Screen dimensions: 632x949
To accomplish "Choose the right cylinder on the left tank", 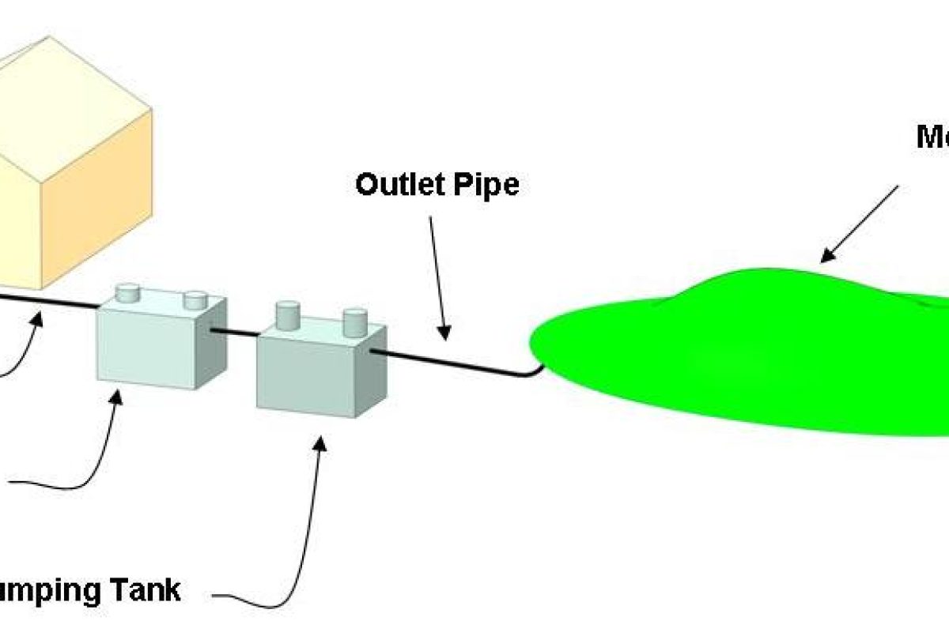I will click(x=195, y=300).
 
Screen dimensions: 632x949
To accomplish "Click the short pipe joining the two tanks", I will click(x=241, y=333).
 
